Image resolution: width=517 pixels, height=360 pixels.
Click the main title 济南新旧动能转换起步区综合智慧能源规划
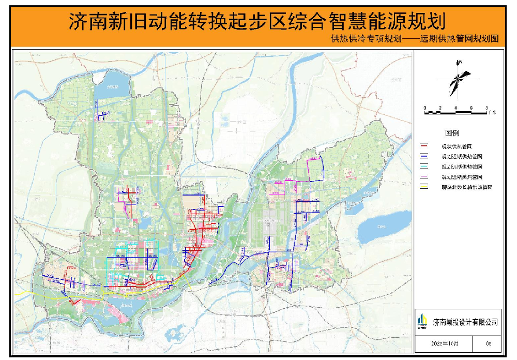tap(257, 22)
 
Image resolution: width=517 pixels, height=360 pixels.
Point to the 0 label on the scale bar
tap(425, 108)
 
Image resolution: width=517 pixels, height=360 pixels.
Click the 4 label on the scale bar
tap(455, 108)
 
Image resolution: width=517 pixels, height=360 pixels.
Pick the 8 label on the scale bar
tap(486, 108)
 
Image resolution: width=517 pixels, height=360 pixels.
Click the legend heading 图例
tap(452, 133)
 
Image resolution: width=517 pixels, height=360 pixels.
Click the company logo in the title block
tap(423, 321)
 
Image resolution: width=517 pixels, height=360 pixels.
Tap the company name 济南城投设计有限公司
tap(465, 322)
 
